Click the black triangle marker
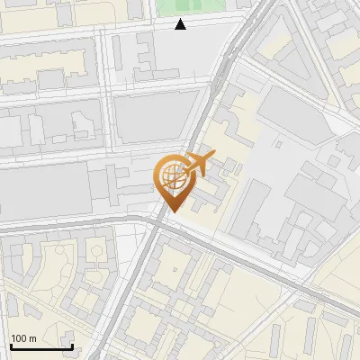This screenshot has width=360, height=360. pos(181,24)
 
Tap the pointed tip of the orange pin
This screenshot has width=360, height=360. pos(171,211)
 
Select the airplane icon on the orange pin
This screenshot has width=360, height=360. pos(196,165)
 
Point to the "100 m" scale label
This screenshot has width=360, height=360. pos(23,338)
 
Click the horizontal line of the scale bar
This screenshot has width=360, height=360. pos(40,346)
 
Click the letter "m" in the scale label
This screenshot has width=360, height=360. pos(32,338)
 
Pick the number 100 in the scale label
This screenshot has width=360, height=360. pos(19,338)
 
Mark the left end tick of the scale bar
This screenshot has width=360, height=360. pos(10,345)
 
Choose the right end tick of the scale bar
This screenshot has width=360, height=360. pos(72,345)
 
